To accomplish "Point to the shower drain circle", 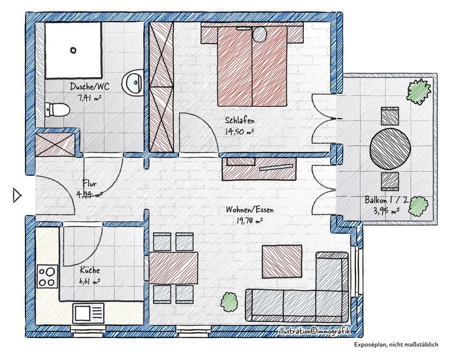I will click(74, 50).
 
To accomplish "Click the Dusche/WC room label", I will click(90, 87).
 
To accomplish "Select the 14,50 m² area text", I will click(239, 131).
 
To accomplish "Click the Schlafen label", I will click(239, 121).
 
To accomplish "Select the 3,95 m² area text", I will click(387, 211).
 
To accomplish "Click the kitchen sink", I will click(88, 312).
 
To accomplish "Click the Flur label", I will click(90, 183).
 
